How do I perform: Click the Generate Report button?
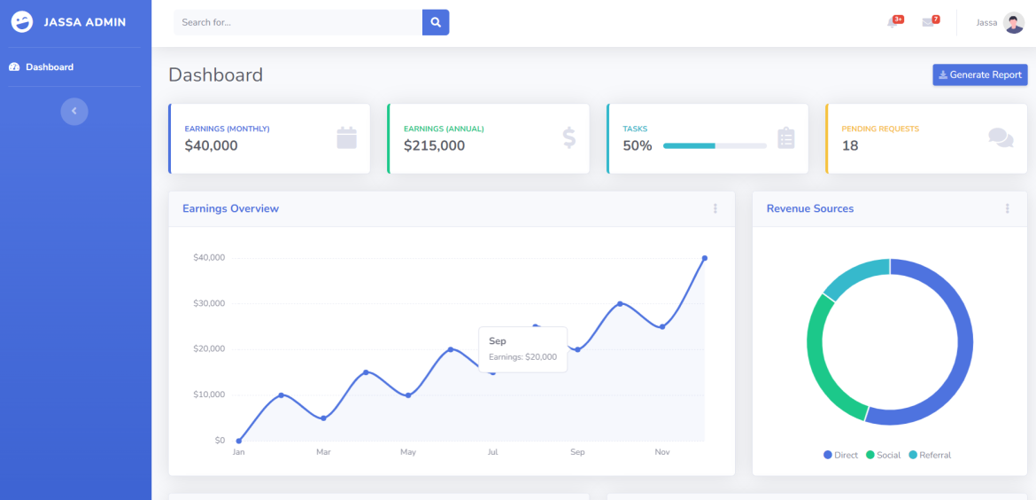click(x=979, y=75)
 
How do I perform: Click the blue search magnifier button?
click(x=436, y=22)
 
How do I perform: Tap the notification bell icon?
click(x=892, y=22)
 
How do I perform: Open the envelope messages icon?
click(x=927, y=22)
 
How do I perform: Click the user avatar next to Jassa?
click(x=1014, y=23)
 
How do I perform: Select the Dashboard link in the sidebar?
click(x=49, y=67)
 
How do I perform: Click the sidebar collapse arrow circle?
click(x=74, y=111)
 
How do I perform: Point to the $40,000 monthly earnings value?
click(x=211, y=146)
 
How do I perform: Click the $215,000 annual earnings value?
click(x=434, y=146)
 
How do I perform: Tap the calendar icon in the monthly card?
click(x=346, y=137)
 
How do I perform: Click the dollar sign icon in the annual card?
click(x=568, y=137)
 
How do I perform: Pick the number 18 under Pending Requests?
click(x=850, y=146)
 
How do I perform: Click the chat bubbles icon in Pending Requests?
click(x=1001, y=137)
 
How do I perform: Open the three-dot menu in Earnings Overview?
click(x=715, y=209)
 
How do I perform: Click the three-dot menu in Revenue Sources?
click(x=1007, y=209)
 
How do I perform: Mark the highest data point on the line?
click(x=705, y=258)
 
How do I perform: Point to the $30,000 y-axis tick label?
click(x=209, y=303)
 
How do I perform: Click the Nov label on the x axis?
click(x=662, y=452)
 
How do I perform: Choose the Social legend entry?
click(x=883, y=455)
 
